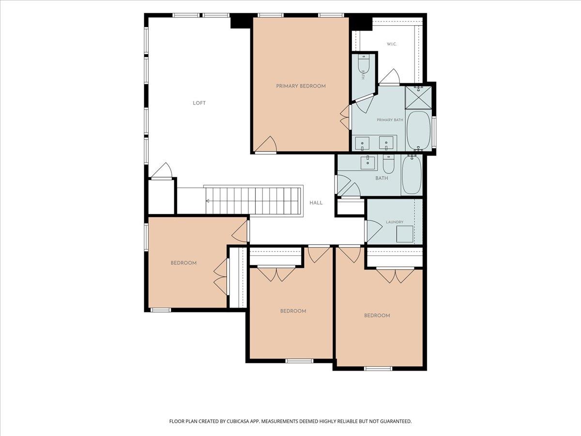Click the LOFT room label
tap(199, 103)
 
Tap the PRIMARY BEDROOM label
tap(301, 86)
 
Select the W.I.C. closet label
tap(392, 44)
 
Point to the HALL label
tap(316, 203)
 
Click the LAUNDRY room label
tap(395, 222)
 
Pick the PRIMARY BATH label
tap(390, 120)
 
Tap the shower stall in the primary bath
tap(418, 97)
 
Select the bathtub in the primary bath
tap(418, 131)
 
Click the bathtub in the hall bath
tap(412, 174)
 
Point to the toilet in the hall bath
tap(389, 164)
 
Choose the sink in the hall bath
tap(368, 163)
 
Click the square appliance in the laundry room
tap(405, 234)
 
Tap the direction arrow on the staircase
tap(208, 201)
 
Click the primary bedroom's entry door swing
tap(266, 145)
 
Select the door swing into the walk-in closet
tap(389, 77)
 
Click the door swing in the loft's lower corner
tap(162, 171)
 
